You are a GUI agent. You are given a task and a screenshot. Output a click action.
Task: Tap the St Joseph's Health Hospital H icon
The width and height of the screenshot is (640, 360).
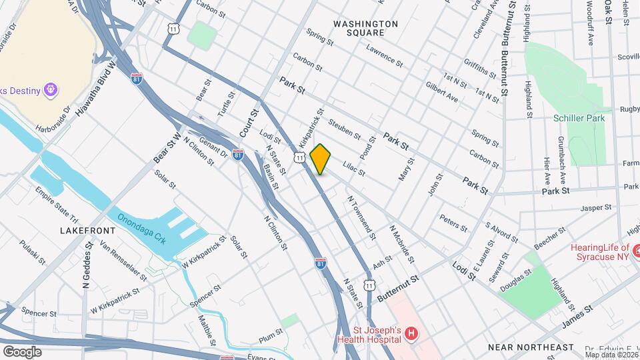[411, 333]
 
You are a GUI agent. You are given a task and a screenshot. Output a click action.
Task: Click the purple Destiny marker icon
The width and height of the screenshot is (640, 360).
[50, 89]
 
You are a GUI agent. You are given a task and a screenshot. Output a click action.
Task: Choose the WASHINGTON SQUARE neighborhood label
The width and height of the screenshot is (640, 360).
[366, 28]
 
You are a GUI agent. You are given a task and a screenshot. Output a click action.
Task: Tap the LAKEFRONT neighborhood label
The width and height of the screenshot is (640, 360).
[87, 230]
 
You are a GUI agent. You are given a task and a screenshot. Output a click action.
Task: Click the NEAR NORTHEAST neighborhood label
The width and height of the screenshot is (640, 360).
[530, 347]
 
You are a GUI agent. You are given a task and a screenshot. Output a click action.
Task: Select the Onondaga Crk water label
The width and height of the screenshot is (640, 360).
[141, 227]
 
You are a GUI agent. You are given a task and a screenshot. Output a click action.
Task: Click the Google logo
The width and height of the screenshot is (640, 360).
[22, 351]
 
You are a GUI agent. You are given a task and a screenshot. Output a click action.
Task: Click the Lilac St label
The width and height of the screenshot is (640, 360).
[353, 167]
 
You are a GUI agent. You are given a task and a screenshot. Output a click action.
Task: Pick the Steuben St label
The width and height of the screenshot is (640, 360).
[345, 129]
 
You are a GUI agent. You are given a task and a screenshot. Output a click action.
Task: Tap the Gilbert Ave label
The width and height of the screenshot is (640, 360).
[441, 93]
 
